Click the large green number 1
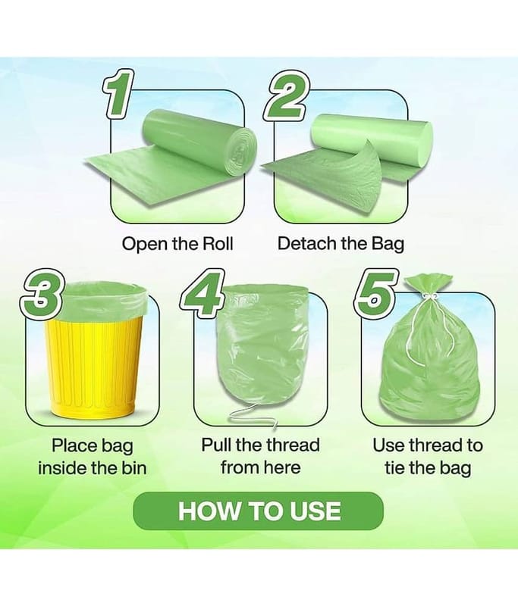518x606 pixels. [x=117, y=93]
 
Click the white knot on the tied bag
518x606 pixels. [x=429, y=298]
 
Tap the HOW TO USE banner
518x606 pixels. [x=259, y=511]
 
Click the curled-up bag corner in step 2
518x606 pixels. [x=363, y=170]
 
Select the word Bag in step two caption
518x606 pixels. [x=388, y=244]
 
